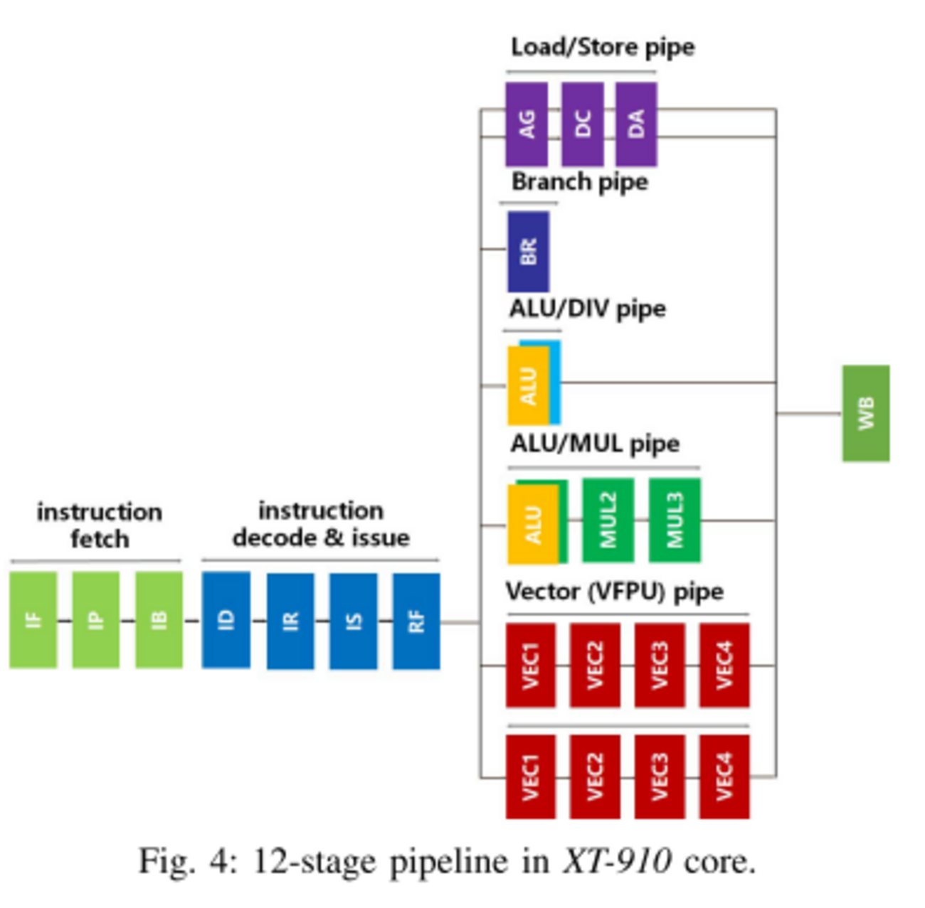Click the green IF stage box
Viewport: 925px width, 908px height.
coord(33,620)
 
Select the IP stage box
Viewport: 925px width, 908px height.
coord(95,620)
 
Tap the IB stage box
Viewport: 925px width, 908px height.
coord(159,620)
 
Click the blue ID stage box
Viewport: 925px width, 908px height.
coord(226,620)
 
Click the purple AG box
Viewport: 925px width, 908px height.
coord(527,124)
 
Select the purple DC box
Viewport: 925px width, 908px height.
coord(582,124)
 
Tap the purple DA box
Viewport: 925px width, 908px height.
coord(636,124)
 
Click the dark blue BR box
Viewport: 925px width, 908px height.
coord(528,252)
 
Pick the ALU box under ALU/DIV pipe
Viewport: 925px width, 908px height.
coord(528,385)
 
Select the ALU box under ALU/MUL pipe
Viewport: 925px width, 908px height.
coord(532,524)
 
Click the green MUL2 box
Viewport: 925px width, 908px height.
coord(608,520)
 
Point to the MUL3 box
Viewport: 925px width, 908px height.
coord(675,520)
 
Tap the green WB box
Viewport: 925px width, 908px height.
coord(865,413)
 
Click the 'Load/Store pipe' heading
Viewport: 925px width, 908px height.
coord(603,48)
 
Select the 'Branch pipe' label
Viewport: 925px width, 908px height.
coord(579,182)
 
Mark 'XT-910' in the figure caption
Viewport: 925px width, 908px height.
coord(617,862)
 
